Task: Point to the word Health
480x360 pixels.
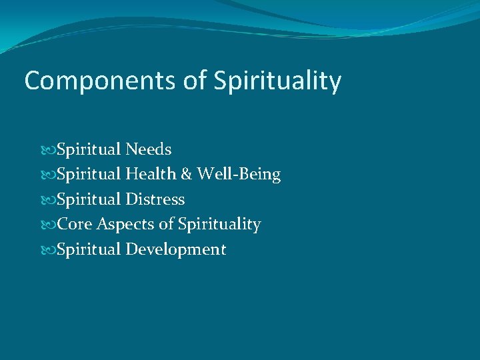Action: tap(150, 175)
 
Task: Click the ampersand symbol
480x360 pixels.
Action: tap(186, 175)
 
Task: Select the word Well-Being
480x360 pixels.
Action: tap(239, 175)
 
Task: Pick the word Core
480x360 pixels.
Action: tap(75, 225)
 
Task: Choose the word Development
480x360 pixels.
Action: tap(176, 250)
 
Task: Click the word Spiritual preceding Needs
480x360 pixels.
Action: tap(89, 149)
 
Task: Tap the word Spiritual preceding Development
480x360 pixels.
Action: tap(89, 250)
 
